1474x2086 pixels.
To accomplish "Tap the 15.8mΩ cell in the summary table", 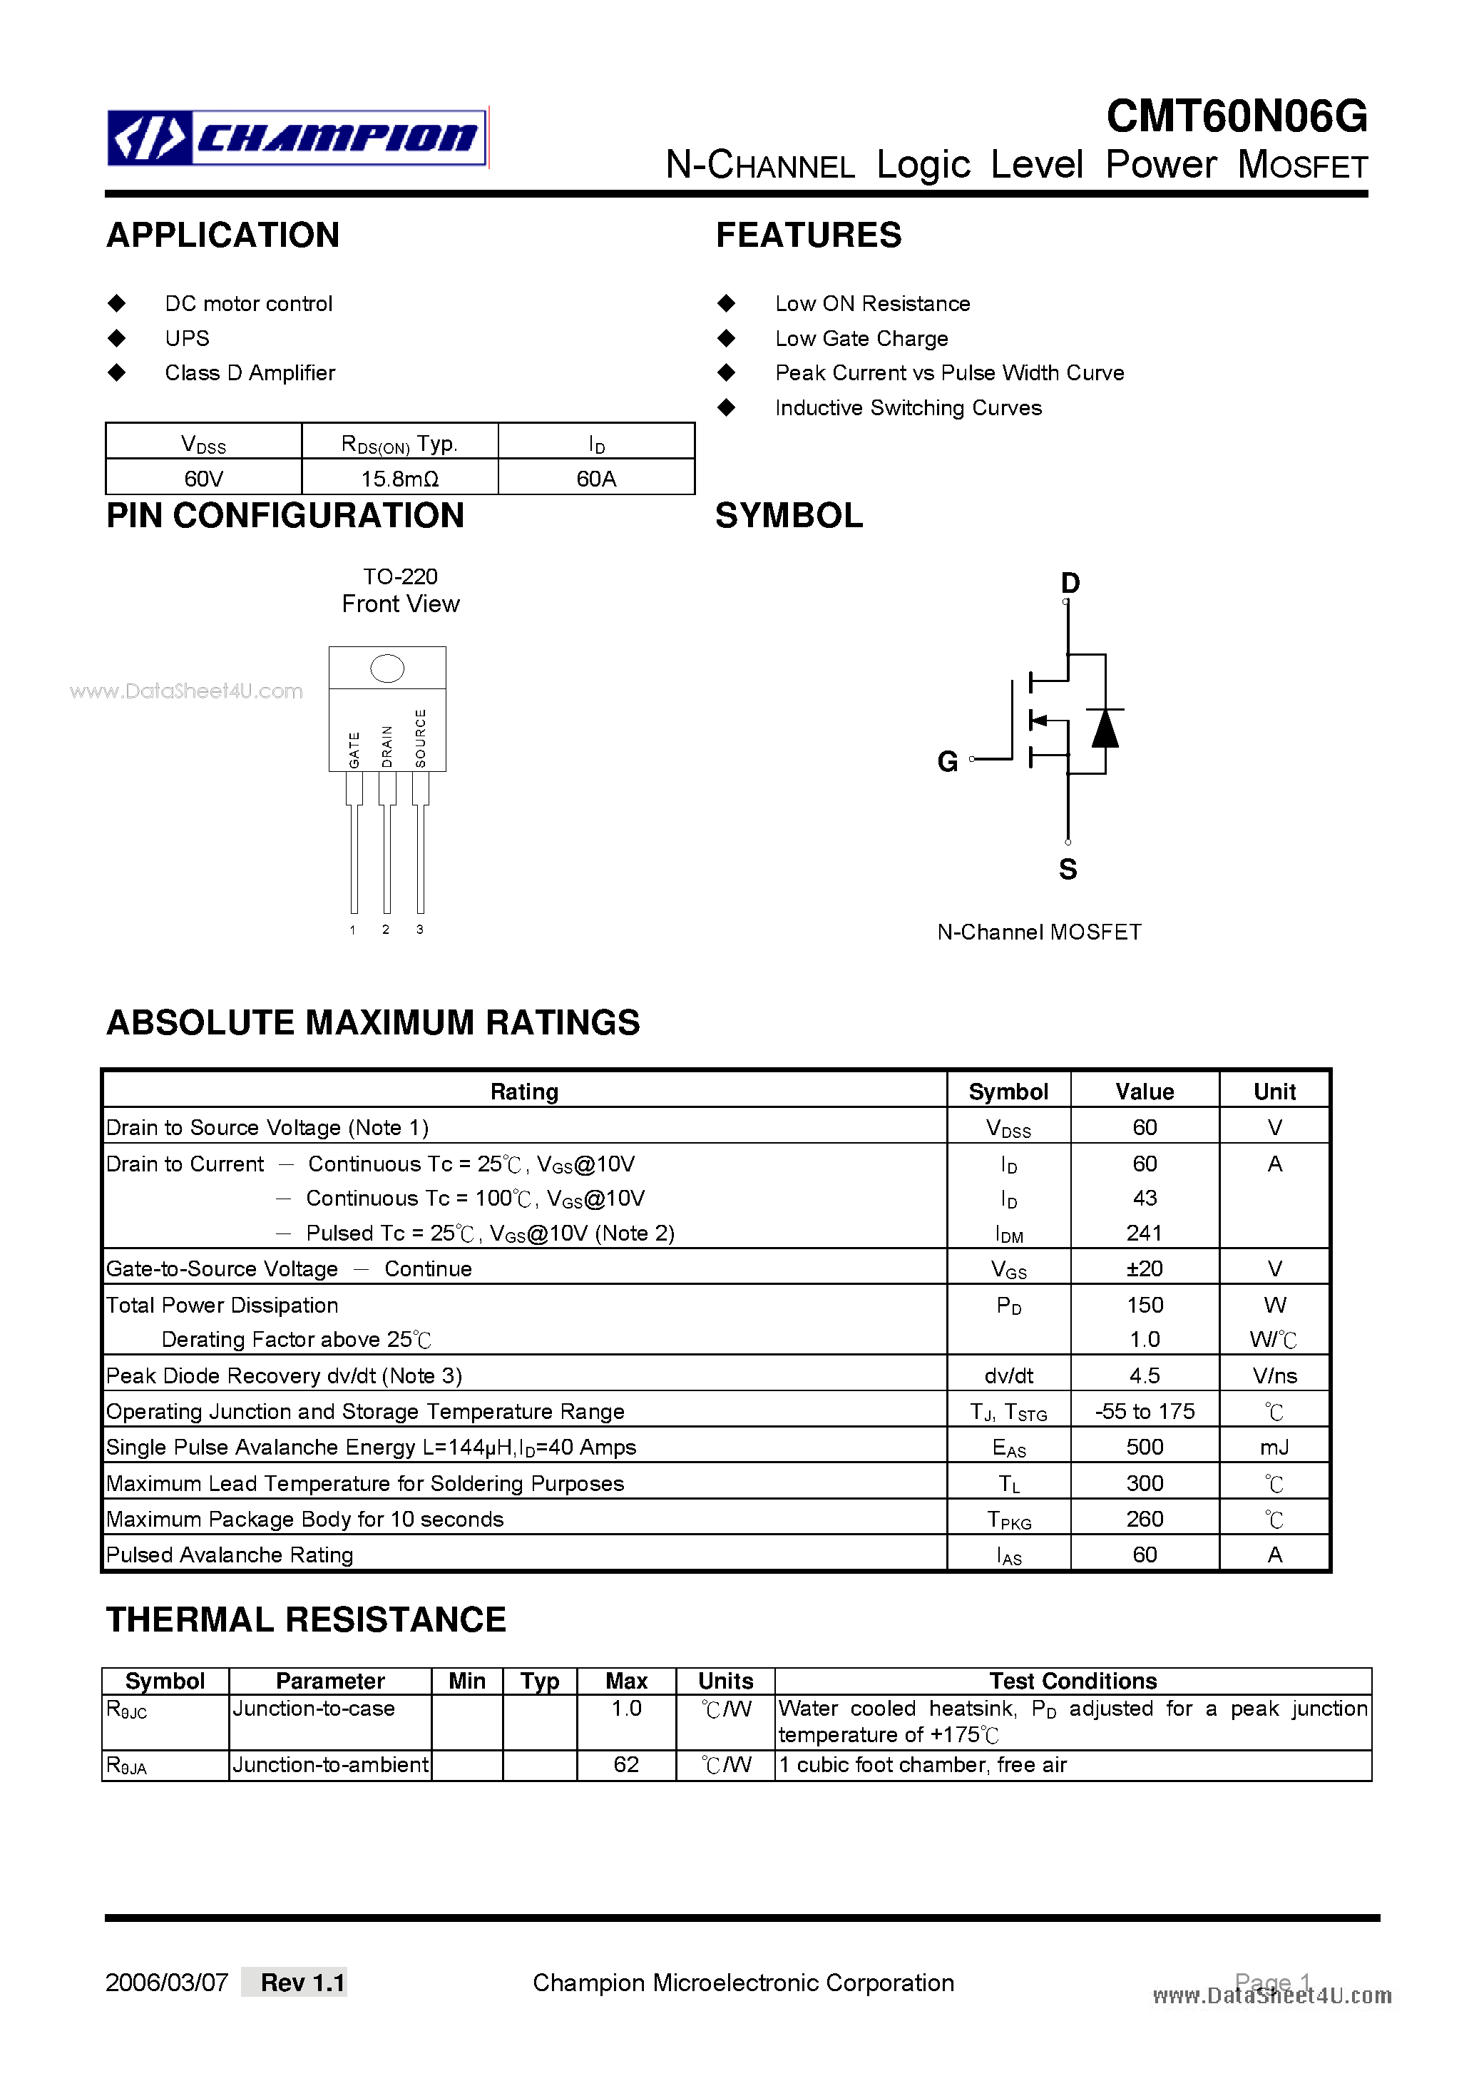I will tap(399, 478).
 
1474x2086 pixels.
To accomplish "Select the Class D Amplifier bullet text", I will tap(250, 372).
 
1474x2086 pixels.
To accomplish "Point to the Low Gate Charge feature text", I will tap(861, 338).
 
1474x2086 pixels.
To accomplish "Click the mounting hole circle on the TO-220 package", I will tap(387, 668).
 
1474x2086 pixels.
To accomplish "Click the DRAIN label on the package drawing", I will tap(387, 746).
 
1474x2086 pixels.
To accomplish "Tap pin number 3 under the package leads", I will tap(419, 930).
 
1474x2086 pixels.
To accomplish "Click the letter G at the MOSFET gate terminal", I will tap(947, 761).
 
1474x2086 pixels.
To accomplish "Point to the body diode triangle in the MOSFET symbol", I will tap(1105, 728).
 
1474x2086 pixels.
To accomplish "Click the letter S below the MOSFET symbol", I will tap(1068, 870).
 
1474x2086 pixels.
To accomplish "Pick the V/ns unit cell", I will tap(1274, 1375).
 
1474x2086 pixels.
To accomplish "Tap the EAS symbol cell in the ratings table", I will tap(1008, 1448).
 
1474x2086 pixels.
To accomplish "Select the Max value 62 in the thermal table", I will tap(625, 1764).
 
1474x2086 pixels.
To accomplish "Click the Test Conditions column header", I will tap(1073, 1681).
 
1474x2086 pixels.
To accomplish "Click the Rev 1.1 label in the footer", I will tap(302, 1983).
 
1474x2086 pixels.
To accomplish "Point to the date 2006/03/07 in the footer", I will tap(167, 1983).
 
